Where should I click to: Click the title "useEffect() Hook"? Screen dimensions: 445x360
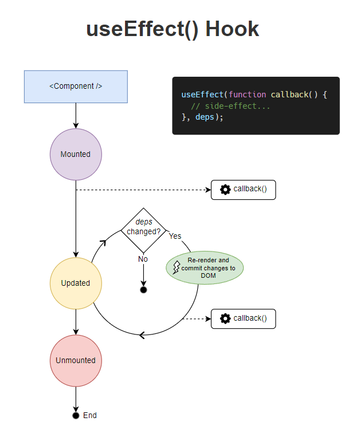coord(173,29)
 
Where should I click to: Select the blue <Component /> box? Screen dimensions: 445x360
coord(76,86)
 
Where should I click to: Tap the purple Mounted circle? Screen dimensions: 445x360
coord(76,154)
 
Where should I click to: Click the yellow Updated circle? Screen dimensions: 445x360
coord(76,283)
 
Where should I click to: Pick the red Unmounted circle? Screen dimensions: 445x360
coord(76,360)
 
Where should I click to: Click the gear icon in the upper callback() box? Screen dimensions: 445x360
coord(225,189)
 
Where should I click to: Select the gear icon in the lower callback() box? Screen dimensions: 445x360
coord(225,318)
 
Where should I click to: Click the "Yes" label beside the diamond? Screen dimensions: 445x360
coord(175,236)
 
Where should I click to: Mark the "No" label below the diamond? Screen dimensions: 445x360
coord(143,259)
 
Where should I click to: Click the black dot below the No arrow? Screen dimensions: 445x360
coord(143,290)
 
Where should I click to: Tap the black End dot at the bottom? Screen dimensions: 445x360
coord(76,415)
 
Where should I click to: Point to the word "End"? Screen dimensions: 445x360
coord(90,415)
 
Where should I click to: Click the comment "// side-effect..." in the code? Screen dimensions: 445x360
coord(230,106)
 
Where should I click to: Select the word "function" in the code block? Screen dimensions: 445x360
coord(247,94)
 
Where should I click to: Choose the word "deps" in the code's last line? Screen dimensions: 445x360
coord(205,117)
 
